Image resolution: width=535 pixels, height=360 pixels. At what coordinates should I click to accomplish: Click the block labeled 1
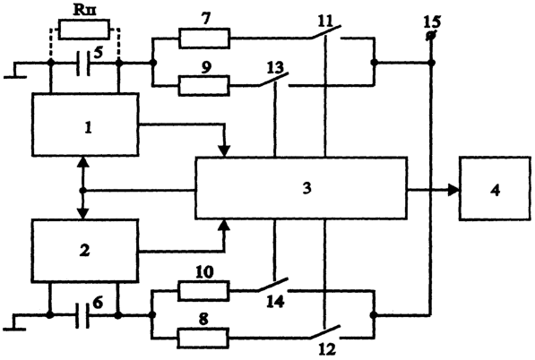point(85,124)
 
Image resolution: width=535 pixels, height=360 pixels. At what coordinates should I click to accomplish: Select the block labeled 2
point(85,251)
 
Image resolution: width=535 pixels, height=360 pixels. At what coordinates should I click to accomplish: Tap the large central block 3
point(301,188)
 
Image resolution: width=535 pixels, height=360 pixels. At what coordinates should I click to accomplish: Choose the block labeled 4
point(495,189)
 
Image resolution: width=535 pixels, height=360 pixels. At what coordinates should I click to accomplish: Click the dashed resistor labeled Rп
point(84,30)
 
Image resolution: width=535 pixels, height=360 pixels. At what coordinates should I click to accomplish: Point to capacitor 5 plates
point(84,64)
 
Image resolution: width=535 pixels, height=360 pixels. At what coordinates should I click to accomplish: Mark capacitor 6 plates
point(83,316)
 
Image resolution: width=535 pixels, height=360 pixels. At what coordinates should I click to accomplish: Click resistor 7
point(204,39)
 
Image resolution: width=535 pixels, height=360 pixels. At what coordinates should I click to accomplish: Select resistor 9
point(204,85)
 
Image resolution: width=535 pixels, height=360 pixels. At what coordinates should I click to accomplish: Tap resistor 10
point(203,291)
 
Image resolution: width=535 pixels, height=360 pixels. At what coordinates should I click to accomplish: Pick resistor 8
point(203,338)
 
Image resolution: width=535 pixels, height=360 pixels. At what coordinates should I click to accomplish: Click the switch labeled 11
point(326,32)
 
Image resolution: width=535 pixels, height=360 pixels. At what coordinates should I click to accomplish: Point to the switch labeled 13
point(273,80)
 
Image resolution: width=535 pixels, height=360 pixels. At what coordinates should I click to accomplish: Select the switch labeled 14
point(273,285)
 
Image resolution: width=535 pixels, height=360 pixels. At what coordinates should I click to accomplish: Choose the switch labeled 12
point(325,332)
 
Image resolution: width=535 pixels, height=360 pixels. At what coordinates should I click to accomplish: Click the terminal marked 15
point(431,36)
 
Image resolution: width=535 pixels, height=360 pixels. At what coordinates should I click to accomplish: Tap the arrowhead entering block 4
point(453,190)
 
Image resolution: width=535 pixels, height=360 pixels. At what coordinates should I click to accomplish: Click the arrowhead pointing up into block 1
point(82,162)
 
